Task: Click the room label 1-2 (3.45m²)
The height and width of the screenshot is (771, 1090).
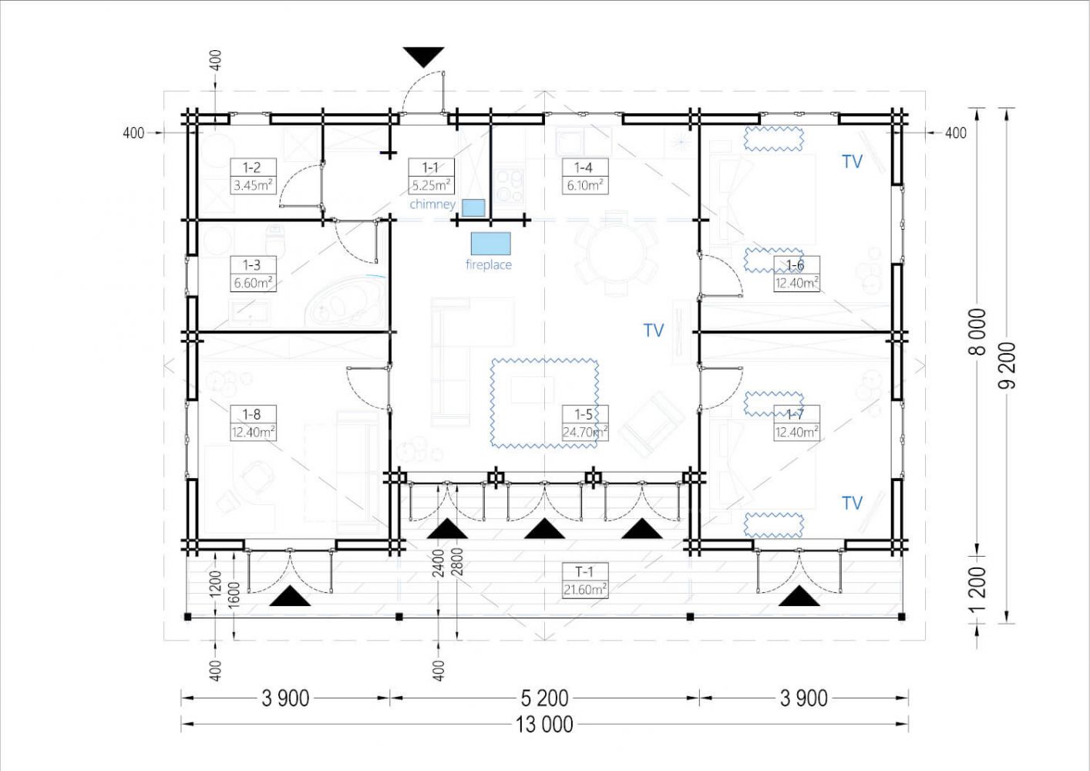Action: tap(253, 177)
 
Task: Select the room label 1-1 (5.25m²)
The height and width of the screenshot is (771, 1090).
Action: tap(431, 177)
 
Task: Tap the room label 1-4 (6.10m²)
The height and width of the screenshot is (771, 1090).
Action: tap(585, 177)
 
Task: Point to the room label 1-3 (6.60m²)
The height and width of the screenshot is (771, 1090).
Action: tap(253, 274)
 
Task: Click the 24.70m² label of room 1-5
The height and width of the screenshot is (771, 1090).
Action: tap(585, 432)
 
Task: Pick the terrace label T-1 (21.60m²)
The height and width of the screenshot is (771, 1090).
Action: tap(585, 581)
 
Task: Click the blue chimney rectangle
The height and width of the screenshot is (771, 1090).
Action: tap(473, 208)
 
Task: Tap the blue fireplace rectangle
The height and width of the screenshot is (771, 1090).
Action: tap(491, 244)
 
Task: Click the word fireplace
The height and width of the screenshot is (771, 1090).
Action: tap(489, 264)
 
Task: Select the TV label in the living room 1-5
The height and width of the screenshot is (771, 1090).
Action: tap(654, 331)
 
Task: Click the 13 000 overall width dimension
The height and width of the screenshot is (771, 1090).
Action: tap(544, 725)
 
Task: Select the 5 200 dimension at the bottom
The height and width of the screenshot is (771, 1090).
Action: tap(544, 699)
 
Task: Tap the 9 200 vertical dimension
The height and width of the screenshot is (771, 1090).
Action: tap(1007, 365)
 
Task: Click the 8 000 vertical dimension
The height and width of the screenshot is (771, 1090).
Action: tap(977, 332)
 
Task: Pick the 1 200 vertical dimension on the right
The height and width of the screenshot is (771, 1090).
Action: tap(977, 589)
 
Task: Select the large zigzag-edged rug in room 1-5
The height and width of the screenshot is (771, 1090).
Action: tap(544, 403)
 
